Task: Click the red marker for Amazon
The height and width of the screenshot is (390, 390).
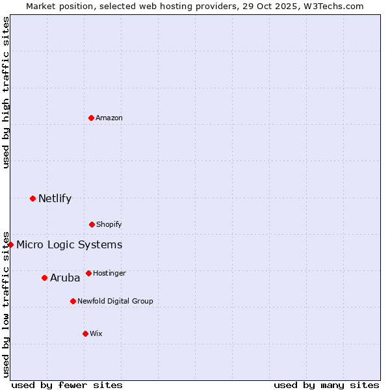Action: coord(91,118)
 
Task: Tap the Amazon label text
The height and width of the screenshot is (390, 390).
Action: coord(109,118)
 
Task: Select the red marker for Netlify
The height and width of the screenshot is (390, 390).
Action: coord(32,198)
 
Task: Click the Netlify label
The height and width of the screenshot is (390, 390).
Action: coord(55,199)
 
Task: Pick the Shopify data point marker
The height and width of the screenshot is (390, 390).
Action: coord(92,224)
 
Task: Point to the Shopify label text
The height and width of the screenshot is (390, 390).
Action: coord(109,225)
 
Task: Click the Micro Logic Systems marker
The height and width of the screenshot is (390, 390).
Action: coord(11,244)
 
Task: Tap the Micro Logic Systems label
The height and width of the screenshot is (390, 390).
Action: coord(69,245)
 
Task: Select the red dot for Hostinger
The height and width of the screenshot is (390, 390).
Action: coord(88,273)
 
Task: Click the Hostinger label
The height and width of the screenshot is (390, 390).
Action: coord(109,274)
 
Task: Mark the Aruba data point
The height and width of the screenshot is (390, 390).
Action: coord(44,278)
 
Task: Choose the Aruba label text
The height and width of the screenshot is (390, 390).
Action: coord(65,278)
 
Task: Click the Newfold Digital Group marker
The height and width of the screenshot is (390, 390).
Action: coord(73,301)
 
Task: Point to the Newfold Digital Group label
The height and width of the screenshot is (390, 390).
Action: coord(115,302)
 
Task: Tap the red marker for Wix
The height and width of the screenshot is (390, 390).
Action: coord(85,333)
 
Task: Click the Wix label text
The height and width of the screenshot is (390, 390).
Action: coord(96,334)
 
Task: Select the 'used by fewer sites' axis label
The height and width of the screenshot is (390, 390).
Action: coord(67,385)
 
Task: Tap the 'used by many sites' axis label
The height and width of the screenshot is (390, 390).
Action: coord(326,385)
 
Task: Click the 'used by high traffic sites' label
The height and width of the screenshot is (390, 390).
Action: coord(6,92)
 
